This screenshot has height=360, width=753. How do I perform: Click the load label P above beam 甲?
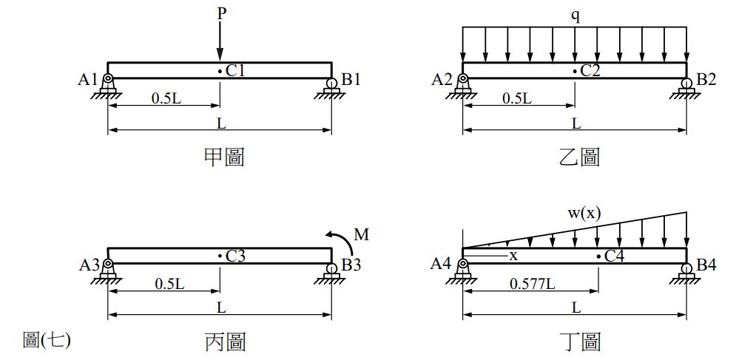(220, 13)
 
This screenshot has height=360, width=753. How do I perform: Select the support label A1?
(88, 79)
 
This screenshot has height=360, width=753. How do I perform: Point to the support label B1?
(351, 79)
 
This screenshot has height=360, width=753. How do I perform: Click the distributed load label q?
(575, 15)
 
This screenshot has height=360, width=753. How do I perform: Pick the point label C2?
(590, 71)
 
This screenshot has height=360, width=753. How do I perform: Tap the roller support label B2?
(706, 79)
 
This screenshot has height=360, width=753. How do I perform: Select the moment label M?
(361, 235)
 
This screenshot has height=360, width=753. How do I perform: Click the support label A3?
(88, 265)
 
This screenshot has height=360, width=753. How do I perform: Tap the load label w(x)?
(584, 213)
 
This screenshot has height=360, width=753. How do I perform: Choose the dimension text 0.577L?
(532, 283)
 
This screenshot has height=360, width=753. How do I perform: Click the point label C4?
(614, 256)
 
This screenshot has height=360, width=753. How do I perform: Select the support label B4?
(706, 265)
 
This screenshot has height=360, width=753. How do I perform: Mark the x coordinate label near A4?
(513, 255)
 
